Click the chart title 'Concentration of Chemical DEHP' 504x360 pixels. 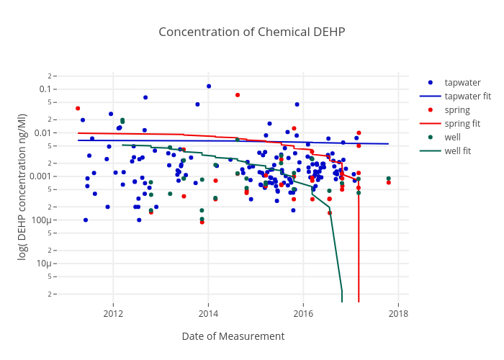tap(252, 32)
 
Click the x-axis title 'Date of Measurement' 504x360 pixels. tap(233, 336)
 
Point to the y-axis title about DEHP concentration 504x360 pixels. tap(22, 189)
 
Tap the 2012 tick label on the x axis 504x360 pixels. tap(113, 313)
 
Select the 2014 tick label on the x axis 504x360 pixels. tap(208, 313)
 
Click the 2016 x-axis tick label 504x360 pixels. tap(303, 313)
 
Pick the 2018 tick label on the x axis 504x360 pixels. tap(398, 313)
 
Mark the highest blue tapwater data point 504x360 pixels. tap(209, 86)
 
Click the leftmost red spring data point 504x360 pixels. tap(78, 108)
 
